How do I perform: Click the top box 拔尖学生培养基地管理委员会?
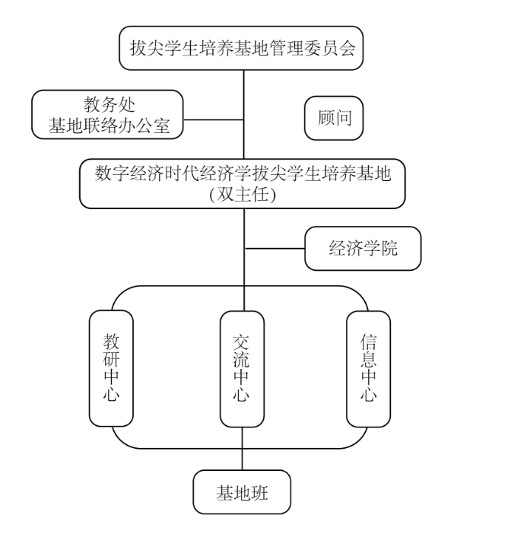click(243, 49)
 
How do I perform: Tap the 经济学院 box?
click(363, 248)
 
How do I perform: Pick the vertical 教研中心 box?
click(112, 368)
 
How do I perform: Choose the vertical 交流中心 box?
click(243, 368)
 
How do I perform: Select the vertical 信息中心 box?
click(368, 368)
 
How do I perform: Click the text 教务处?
click(109, 105)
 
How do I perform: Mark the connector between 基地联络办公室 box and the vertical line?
click(214, 119)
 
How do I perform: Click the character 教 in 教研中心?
click(112, 340)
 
